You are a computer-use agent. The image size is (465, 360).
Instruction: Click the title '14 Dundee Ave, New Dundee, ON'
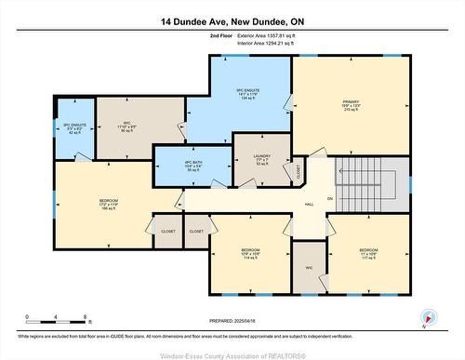[232, 20]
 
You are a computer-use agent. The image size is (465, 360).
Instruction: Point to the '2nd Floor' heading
[220, 34]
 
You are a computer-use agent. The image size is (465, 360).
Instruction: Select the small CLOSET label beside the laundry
[299, 171]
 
